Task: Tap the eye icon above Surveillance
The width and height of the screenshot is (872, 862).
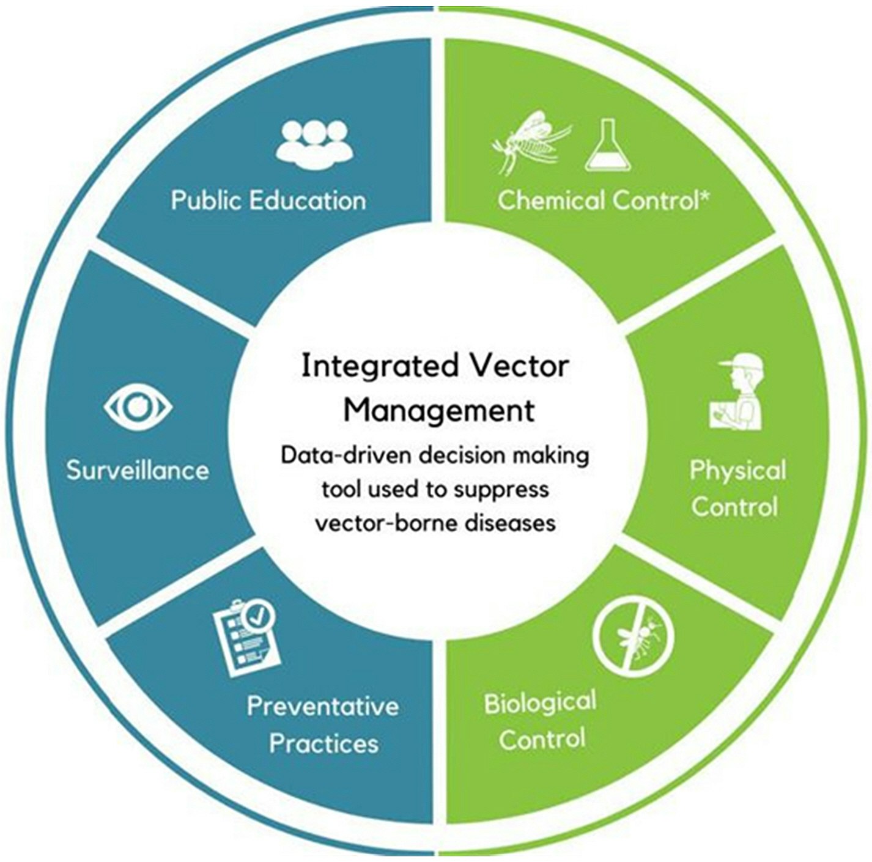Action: pos(138,407)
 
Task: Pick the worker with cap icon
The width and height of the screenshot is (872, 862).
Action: pos(737,393)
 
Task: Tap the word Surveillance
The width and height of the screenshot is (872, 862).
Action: pos(138,470)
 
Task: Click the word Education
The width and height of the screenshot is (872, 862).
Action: pos(316,201)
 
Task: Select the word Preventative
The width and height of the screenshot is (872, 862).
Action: pos(323,706)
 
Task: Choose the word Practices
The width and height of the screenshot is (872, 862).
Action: pos(323,743)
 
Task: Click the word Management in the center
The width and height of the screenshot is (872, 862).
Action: pos(438,410)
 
